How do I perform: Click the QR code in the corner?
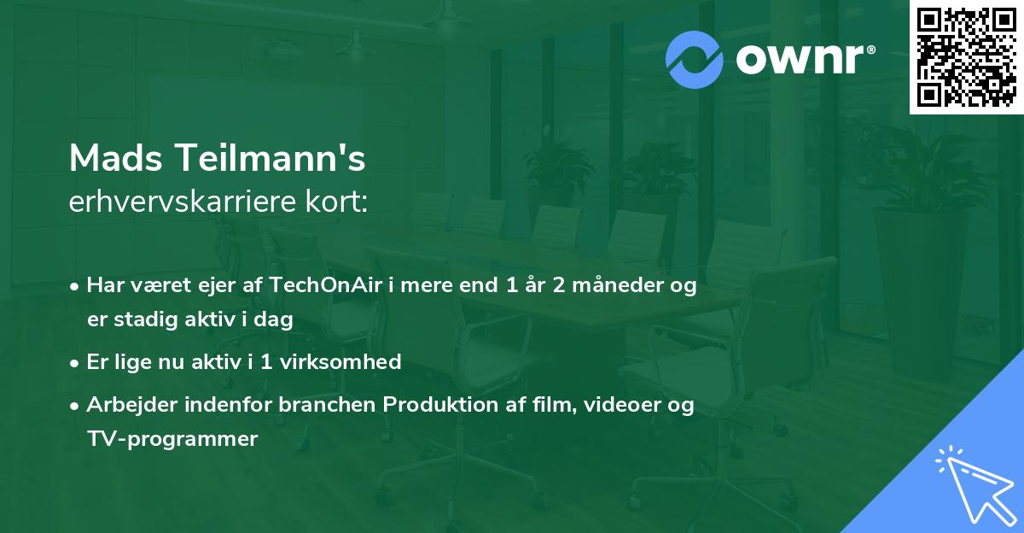click(966, 56)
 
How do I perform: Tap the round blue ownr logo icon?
click(695, 60)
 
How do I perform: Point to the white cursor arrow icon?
click(974, 484)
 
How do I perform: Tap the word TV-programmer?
click(172, 439)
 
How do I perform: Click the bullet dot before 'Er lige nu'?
click(76, 363)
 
